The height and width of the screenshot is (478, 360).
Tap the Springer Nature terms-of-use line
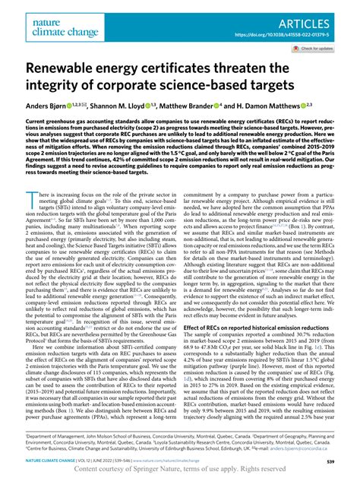coord(180,469)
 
